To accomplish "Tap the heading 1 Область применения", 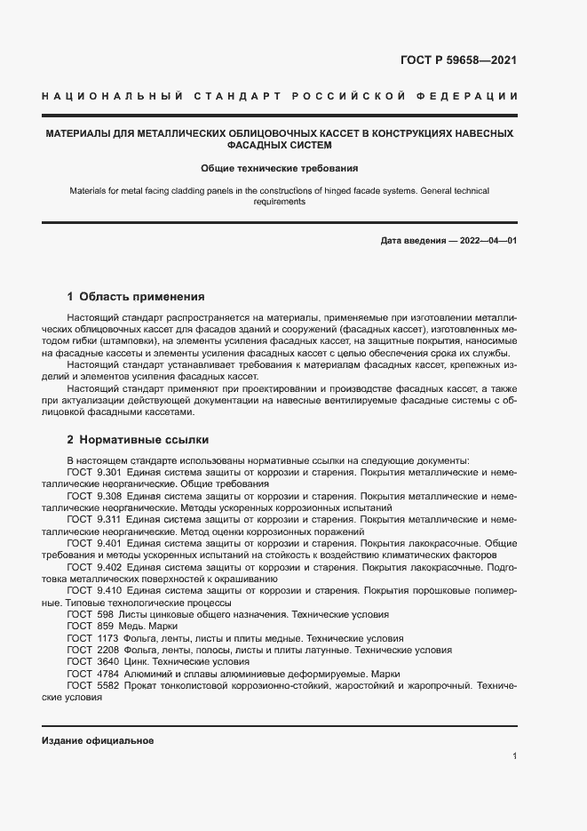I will tap(136, 296).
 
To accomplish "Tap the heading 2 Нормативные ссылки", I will tap(138, 439).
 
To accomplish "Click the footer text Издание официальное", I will tap(98, 739).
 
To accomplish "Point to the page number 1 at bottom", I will tap(514, 756).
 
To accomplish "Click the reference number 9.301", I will tap(108, 473).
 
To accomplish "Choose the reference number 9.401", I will tap(108, 542).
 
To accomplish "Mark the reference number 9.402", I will tap(108, 566).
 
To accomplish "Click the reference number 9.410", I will tap(108, 589).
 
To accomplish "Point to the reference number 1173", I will tap(107, 638).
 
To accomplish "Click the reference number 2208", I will tap(107, 650).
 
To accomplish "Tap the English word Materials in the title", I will tap(89, 190).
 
